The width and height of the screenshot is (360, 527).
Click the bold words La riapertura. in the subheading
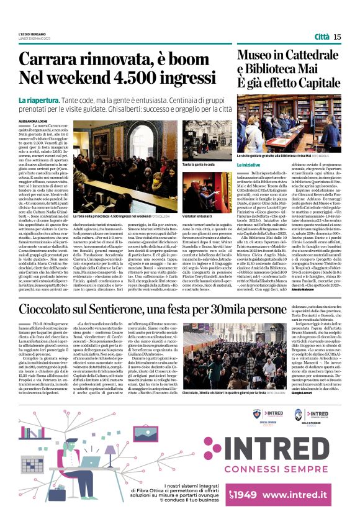pyautogui.click(x=39, y=99)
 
